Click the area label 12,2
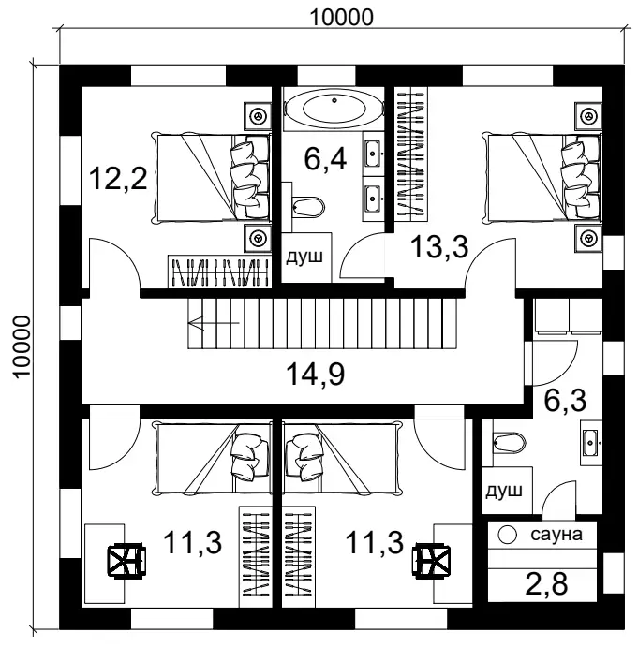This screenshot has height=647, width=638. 118,177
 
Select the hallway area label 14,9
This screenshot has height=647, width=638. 315,375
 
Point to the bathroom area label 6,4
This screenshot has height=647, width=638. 326,159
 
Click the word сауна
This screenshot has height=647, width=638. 556,536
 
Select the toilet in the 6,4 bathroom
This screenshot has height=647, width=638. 305,204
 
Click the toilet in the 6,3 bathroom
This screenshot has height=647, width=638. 508,442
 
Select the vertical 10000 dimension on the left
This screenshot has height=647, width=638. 21,346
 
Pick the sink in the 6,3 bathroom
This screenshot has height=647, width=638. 593,442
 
